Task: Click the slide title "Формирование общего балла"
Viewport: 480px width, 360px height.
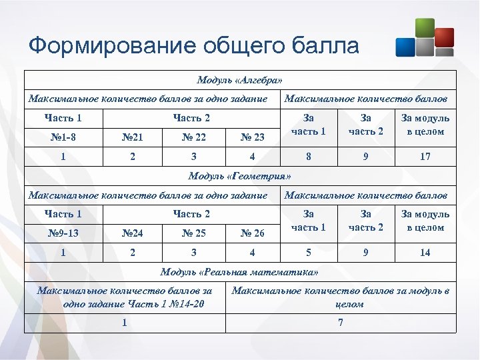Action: click(x=194, y=45)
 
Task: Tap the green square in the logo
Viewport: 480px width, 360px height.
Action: click(x=424, y=29)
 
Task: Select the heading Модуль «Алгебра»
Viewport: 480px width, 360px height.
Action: click(x=239, y=80)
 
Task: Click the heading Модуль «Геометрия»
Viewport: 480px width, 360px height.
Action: click(x=239, y=176)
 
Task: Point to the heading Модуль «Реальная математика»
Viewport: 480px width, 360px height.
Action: click(x=239, y=272)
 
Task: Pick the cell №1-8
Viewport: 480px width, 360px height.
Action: click(x=63, y=137)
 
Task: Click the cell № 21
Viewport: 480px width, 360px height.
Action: click(x=133, y=137)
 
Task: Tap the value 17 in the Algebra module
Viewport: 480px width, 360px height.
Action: click(x=425, y=157)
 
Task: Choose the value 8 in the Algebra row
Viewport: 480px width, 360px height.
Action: click(x=309, y=157)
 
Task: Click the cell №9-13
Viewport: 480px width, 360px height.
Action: click(x=63, y=233)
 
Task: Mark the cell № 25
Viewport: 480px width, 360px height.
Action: click(x=193, y=233)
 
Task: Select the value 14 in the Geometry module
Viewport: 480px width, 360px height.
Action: click(x=425, y=253)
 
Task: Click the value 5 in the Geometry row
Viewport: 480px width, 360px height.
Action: click(x=309, y=253)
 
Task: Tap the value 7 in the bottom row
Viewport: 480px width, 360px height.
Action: click(x=341, y=323)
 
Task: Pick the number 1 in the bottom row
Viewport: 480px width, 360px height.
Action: click(x=125, y=323)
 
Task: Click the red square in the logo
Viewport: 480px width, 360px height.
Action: click(x=443, y=37)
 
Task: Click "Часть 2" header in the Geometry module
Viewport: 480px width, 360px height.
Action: click(x=191, y=214)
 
